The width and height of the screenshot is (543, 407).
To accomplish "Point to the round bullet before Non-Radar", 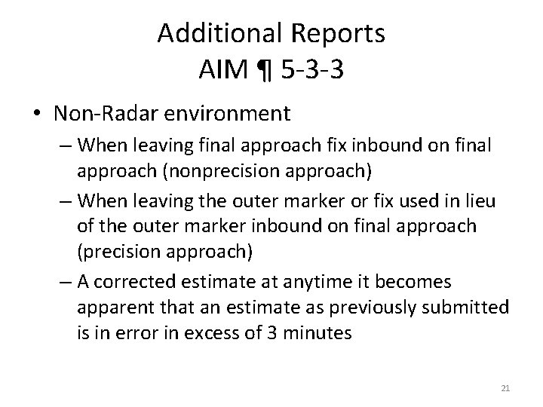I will click(37, 115).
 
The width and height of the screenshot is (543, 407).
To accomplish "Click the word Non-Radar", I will click(100, 114).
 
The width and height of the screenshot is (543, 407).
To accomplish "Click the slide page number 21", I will click(505, 388).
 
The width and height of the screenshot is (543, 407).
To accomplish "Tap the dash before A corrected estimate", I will click(64, 282).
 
